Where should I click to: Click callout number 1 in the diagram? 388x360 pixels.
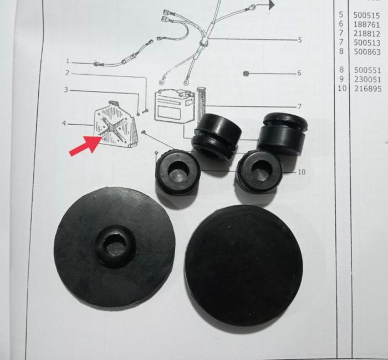68,61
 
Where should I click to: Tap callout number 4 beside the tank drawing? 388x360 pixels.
64,123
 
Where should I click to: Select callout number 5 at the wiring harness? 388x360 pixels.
299,40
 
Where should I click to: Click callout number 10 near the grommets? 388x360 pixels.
302,172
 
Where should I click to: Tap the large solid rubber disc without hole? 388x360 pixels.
243,265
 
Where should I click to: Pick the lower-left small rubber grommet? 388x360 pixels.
177,172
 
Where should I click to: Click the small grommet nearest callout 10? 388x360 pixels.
259,171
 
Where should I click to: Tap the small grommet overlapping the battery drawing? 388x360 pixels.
216,136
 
